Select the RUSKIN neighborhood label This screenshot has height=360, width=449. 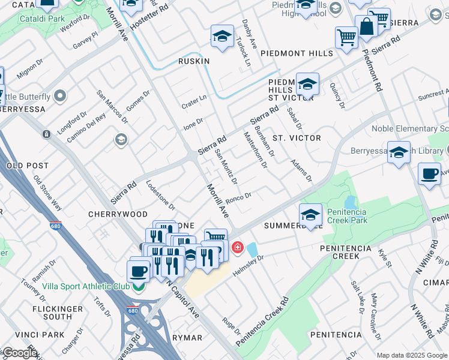(194, 61)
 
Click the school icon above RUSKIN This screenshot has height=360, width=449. (222, 37)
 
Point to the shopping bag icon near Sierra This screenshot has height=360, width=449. (366, 26)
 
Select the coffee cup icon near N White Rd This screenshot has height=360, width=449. (429, 174)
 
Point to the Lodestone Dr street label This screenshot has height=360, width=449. (160, 196)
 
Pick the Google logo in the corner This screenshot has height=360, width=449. (19, 353)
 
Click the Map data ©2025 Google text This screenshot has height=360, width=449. (412, 355)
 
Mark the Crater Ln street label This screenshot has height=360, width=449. (194, 102)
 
